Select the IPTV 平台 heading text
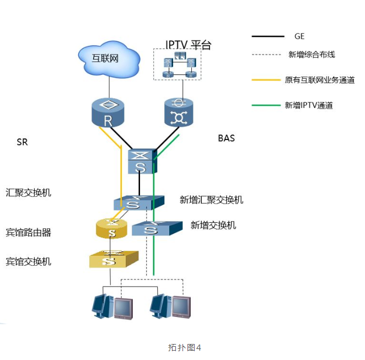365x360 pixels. (x=189, y=45)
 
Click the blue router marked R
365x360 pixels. (x=108, y=112)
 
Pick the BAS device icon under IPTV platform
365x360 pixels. (x=178, y=112)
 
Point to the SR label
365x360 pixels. (x=22, y=142)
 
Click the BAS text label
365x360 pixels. (x=226, y=138)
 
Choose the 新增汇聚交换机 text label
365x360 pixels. (x=211, y=200)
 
